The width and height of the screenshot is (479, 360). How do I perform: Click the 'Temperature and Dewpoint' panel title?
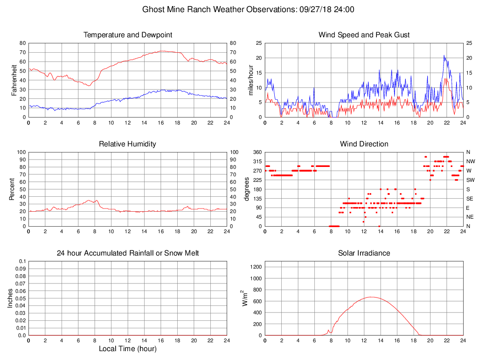pyautogui.click(x=128, y=35)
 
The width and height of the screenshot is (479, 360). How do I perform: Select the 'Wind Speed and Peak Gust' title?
pyautogui.click(x=364, y=35)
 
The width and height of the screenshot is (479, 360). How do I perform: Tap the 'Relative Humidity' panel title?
pyautogui.click(x=128, y=144)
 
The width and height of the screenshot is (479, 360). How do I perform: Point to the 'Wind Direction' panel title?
pyautogui.click(x=364, y=144)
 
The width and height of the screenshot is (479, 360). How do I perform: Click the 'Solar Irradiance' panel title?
pyautogui.click(x=364, y=253)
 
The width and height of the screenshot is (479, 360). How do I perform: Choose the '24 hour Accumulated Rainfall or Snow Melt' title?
pyautogui.click(x=128, y=253)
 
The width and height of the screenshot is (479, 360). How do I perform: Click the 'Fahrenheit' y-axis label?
pyautogui.click(x=14, y=80)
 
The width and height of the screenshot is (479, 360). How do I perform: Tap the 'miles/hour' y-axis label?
pyautogui.click(x=250, y=80)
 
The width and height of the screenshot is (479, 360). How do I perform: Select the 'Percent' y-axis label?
pyautogui.click(x=12, y=189)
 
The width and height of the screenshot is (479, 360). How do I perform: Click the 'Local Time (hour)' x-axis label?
pyautogui.click(x=128, y=348)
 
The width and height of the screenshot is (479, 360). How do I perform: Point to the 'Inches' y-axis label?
pyautogui.click(x=11, y=298)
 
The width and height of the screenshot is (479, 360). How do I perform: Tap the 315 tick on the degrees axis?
pyautogui.click(x=257, y=161)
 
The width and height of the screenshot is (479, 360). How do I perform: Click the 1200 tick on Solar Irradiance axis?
pyautogui.click(x=256, y=268)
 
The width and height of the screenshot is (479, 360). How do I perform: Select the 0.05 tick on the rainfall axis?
pyautogui.click(x=21, y=298)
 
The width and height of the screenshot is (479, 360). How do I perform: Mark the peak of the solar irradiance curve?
pyautogui.click(x=371, y=297)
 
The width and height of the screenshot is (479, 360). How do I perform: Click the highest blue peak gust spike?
pyautogui.click(x=444, y=55)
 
